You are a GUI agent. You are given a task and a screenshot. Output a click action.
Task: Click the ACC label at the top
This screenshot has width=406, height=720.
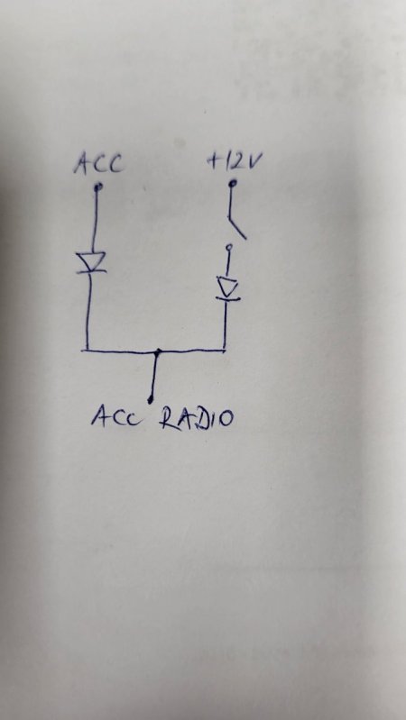coord(99,164)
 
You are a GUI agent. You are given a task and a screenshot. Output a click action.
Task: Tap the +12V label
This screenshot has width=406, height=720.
coord(235,161)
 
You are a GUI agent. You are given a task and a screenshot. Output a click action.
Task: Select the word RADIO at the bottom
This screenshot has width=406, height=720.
coord(197,418)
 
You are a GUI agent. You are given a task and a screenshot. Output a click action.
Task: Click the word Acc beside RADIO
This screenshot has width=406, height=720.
coord(114,417)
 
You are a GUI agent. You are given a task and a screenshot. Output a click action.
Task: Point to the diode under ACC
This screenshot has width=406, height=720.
coord(91,262)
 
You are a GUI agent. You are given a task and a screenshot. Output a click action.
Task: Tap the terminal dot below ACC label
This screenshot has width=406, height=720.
coord(98,187)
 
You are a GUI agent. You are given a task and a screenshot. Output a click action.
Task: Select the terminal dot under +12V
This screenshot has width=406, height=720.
coord(234,184)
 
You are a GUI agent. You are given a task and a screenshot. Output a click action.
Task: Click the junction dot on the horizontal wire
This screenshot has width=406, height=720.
coord(158,351)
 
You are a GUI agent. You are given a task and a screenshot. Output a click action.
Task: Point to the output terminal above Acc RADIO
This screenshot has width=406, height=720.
coord(150,401)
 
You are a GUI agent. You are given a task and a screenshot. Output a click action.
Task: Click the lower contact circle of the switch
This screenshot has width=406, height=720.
coord(228,248)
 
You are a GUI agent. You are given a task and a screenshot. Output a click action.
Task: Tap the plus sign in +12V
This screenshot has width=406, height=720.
coord(214,161)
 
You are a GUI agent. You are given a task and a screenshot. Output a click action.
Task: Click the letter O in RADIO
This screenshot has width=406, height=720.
coord(226,419)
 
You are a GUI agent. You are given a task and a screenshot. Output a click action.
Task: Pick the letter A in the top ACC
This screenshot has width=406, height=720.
coord(83,165)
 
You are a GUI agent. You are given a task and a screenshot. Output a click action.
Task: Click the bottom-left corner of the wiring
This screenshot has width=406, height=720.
coord(87,351)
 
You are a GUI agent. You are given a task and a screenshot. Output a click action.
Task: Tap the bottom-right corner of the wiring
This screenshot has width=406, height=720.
coord(225,350)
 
